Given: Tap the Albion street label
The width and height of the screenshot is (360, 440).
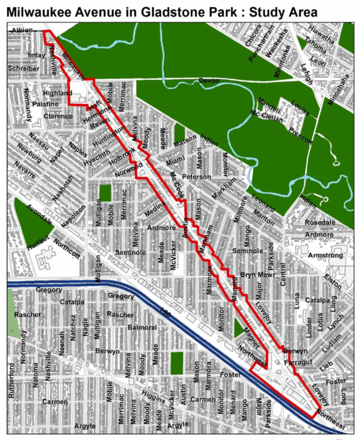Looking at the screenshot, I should pyautogui.click(x=22, y=31).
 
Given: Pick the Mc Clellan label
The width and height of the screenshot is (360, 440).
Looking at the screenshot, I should pyautogui.click(x=267, y=116).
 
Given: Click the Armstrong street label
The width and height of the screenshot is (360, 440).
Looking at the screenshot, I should pyautogui.click(x=325, y=255).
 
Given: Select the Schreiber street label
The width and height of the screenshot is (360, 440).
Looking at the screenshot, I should pyautogui.click(x=24, y=68).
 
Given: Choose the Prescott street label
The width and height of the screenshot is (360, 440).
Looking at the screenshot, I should pyautogui.click(x=300, y=135).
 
